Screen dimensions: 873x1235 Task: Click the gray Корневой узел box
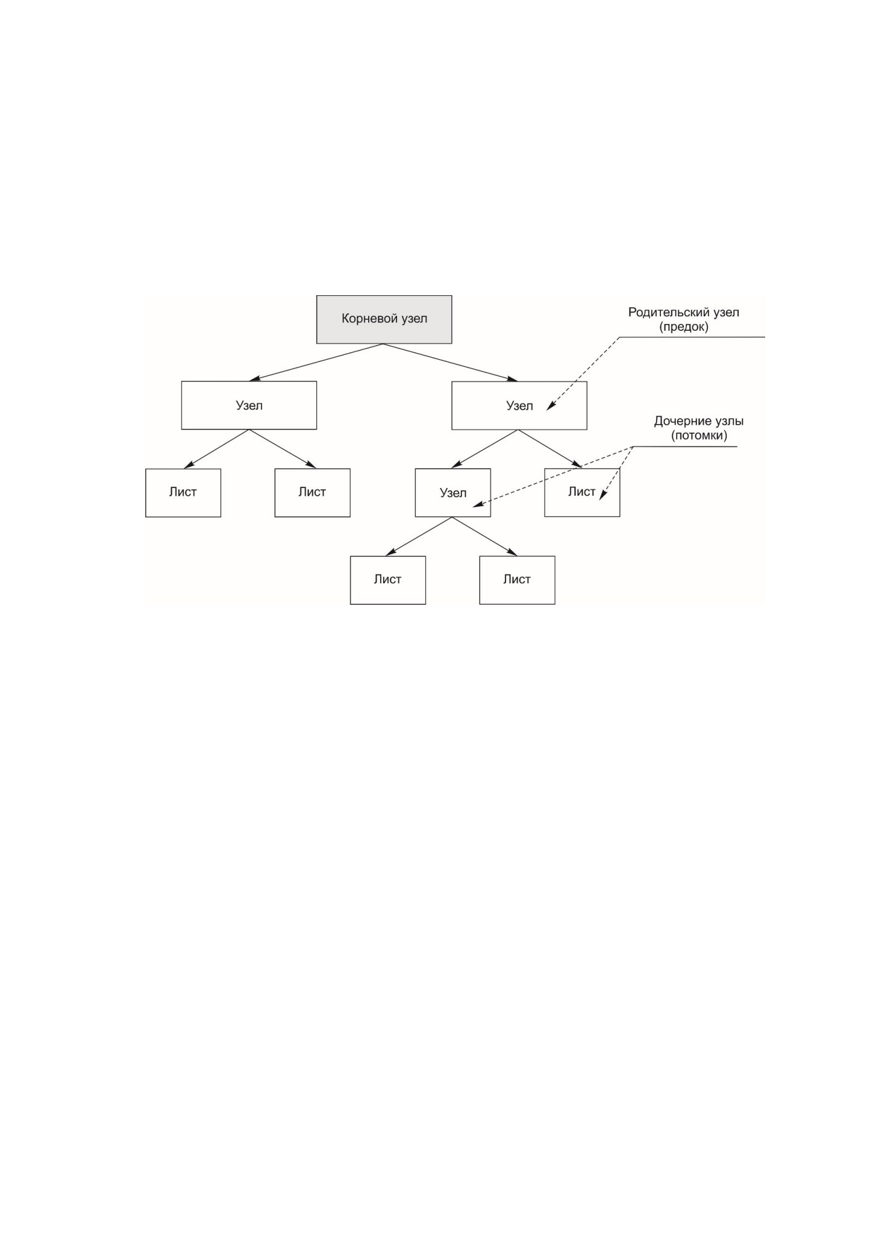click(x=384, y=319)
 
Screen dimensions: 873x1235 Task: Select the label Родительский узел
click(x=683, y=313)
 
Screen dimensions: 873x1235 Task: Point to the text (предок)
click(x=683, y=328)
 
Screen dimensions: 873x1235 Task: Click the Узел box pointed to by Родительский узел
click(x=519, y=405)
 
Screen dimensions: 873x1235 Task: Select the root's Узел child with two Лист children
click(x=249, y=405)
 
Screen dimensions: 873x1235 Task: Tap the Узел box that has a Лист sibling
click(x=452, y=493)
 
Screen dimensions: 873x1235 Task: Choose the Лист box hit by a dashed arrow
click(x=582, y=492)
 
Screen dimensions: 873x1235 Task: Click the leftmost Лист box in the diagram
click(x=183, y=493)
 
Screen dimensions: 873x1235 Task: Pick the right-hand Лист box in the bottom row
click(x=517, y=580)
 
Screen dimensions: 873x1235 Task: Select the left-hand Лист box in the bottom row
click(x=388, y=580)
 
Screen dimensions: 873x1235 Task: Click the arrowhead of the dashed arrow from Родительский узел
click(x=550, y=407)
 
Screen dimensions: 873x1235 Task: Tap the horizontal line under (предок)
click(x=692, y=337)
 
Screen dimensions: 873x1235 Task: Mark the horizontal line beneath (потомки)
click(x=685, y=446)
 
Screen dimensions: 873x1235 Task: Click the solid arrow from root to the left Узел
click(x=316, y=362)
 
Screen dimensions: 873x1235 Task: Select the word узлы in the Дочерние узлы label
click(x=726, y=421)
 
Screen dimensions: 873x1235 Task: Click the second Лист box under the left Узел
click(x=312, y=493)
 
